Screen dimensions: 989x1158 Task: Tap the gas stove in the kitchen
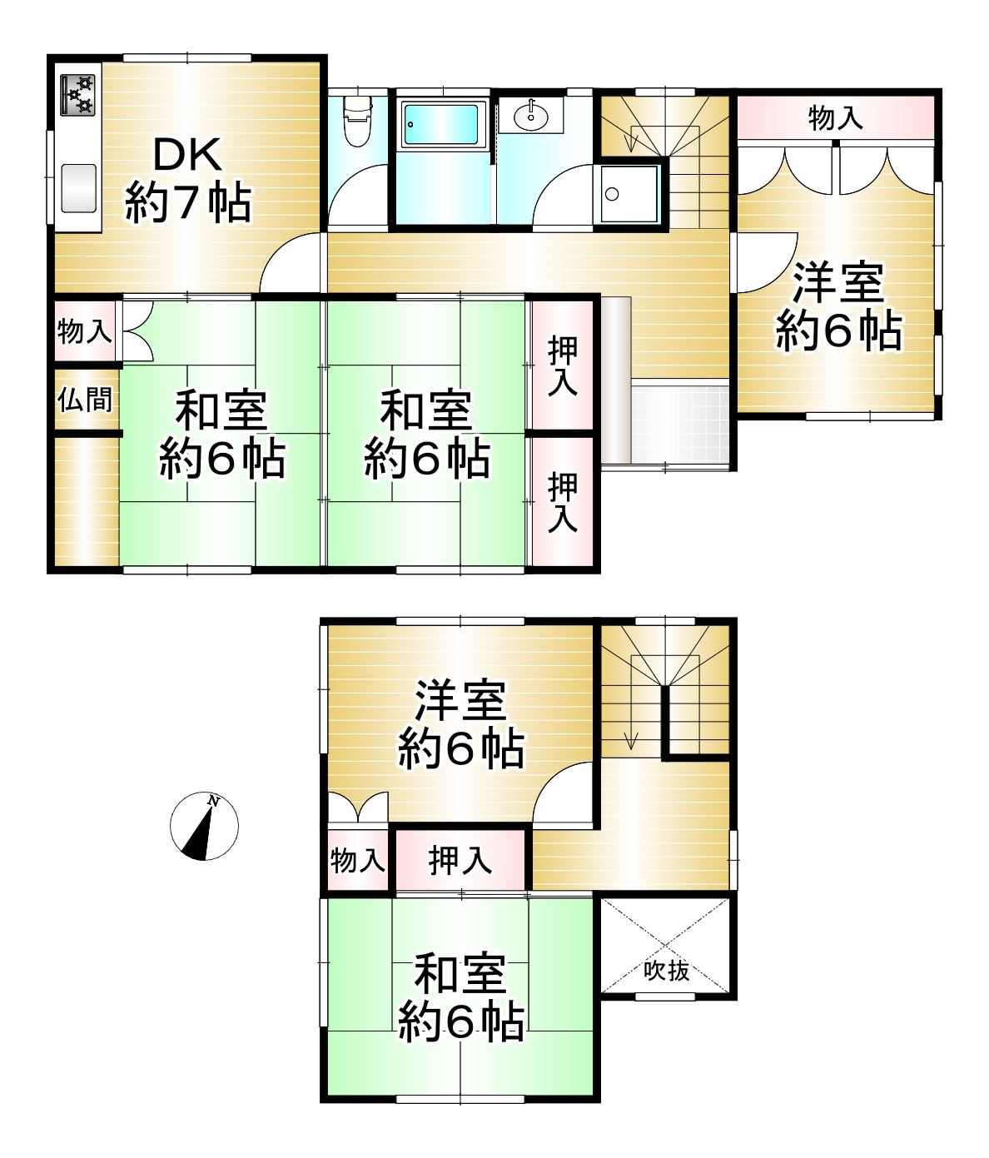point(77,95)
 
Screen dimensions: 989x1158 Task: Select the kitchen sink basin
point(78,188)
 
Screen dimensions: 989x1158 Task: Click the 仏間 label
point(85,400)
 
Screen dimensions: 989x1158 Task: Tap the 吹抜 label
point(666,971)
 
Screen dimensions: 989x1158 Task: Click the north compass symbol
point(204,826)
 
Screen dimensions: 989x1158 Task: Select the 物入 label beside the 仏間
point(85,331)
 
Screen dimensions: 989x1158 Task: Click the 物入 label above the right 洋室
point(835,118)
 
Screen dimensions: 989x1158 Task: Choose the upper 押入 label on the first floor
point(562,366)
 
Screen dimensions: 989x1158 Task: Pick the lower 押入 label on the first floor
point(562,502)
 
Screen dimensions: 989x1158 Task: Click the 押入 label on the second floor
point(460,860)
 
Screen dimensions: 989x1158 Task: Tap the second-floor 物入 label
point(357,860)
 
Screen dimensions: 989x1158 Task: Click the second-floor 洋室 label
point(460,723)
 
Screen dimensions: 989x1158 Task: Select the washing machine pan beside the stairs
point(629,194)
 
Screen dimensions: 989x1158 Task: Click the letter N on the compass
point(213,801)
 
